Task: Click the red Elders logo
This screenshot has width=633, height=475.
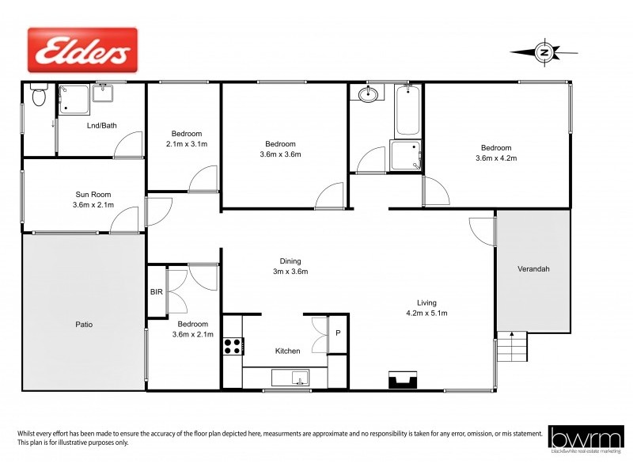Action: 83,51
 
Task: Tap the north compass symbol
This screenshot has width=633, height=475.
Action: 543,52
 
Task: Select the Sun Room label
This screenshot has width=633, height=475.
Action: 93,194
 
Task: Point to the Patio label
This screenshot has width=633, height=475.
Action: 85,324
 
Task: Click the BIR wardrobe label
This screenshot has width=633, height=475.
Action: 157,292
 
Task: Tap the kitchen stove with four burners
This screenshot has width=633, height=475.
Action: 233,345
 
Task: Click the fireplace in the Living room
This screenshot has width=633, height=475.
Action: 403,381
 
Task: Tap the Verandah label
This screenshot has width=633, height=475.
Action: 533,269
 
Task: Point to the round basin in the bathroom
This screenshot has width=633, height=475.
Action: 368,96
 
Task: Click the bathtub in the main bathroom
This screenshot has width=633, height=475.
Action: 408,111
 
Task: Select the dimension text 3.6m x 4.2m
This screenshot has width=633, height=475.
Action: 496,158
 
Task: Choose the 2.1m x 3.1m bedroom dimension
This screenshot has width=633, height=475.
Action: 187,144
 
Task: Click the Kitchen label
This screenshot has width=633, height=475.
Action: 286,350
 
